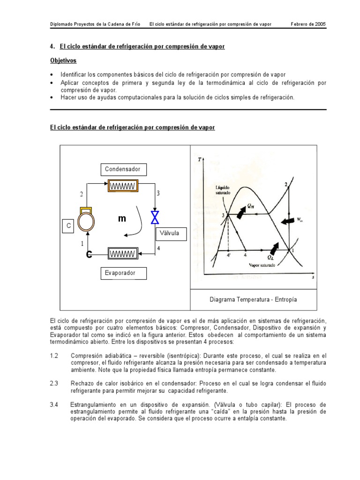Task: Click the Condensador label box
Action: click(x=123, y=169)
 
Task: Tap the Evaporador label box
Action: click(x=123, y=273)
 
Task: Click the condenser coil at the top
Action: click(x=123, y=186)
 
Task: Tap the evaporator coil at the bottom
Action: click(x=123, y=254)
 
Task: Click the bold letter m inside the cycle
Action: click(x=122, y=218)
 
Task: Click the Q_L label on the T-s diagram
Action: click(x=271, y=257)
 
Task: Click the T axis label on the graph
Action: click(x=200, y=160)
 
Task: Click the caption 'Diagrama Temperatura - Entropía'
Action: click(x=253, y=299)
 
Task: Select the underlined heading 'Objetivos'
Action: click(x=63, y=61)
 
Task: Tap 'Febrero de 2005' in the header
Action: click(x=308, y=24)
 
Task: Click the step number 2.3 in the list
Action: click(x=54, y=383)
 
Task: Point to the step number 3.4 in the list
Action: click(x=54, y=404)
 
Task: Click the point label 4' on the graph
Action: click(x=228, y=255)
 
